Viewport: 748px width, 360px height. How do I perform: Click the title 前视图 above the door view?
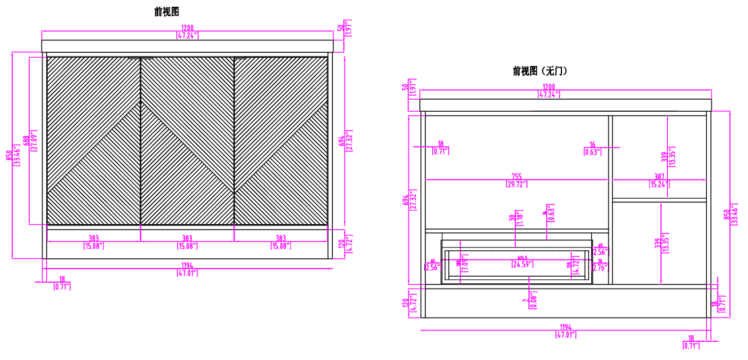pos(166,11)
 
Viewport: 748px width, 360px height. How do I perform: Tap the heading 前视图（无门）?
pos(539,71)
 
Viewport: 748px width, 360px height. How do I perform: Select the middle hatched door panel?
pos(187,140)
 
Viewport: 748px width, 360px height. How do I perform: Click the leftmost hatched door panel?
pos(94,140)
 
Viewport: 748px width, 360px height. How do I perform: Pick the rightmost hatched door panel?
pos(281,140)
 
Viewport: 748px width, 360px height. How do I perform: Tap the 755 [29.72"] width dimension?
pos(518,180)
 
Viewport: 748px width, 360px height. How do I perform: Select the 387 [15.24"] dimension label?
pos(659,180)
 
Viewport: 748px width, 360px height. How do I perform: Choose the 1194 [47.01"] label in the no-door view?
pos(566,330)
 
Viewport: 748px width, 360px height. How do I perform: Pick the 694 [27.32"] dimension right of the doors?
pos(346,141)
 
